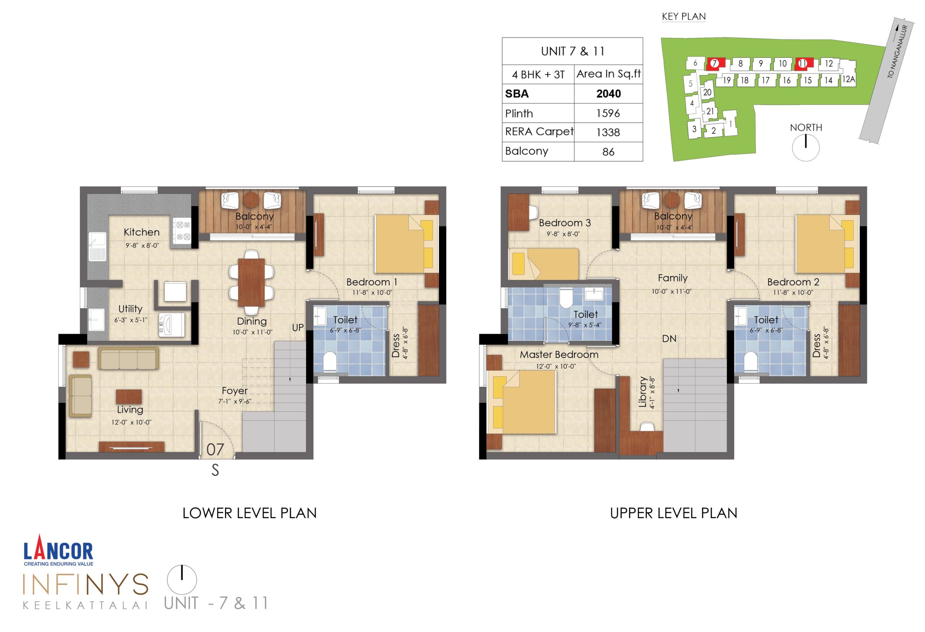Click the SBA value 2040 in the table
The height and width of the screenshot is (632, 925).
[608, 94]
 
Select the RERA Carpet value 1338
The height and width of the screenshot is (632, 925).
[608, 133]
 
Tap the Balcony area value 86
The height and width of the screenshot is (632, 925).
[608, 152]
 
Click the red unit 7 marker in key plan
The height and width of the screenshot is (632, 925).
[715, 64]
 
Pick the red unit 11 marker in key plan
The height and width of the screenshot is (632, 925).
[803, 64]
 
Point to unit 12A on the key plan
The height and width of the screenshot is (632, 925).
[848, 79]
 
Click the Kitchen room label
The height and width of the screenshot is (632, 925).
[141, 232]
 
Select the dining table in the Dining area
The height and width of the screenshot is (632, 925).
[251, 282]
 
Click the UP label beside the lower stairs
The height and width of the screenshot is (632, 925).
[298, 328]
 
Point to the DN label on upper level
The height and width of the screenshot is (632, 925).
[669, 339]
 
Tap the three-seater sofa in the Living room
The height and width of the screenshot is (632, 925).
[128, 359]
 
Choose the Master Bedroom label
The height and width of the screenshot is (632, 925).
[559, 355]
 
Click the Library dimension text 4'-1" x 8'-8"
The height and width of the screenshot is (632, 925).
[651, 393]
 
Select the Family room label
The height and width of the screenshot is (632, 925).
[672, 278]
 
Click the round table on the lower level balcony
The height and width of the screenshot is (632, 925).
[251, 200]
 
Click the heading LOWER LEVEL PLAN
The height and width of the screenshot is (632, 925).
[250, 514]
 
